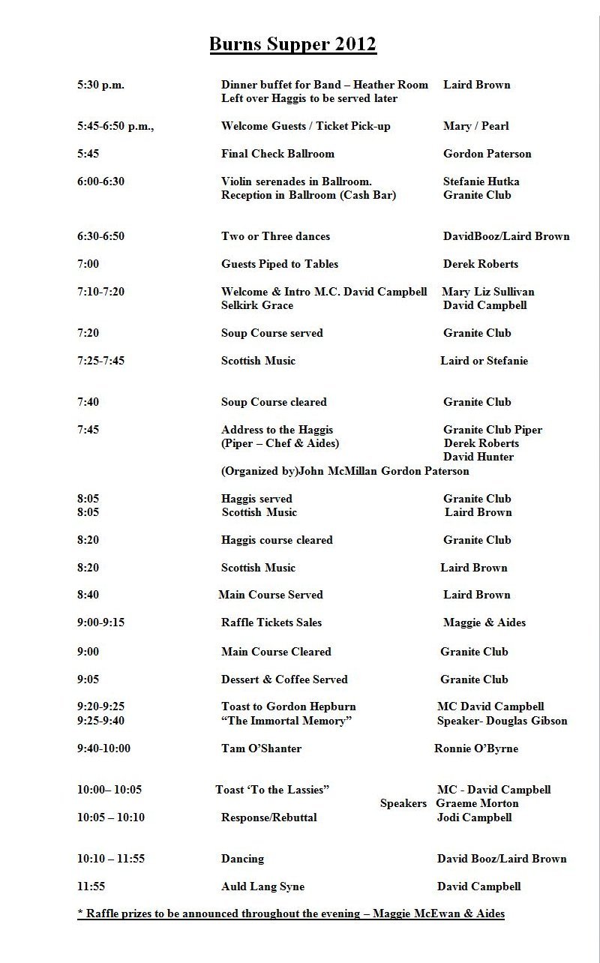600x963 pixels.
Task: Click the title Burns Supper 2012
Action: pyautogui.click(x=292, y=45)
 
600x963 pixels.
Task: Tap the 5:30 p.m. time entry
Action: pyautogui.click(x=100, y=85)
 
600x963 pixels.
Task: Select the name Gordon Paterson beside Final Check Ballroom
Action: pyautogui.click(x=487, y=154)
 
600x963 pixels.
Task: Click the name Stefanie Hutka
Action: pyautogui.click(x=481, y=181)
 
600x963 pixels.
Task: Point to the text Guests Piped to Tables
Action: pyautogui.click(x=280, y=264)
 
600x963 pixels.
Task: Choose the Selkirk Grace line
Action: pyautogui.click(x=257, y=305)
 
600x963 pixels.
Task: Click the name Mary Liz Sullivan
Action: pyautogui.click(x=488, y=292)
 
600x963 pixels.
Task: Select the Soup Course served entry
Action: pyautogui.click(x=271, y=333)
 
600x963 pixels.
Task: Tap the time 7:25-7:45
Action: pyautogui.click(x=100, y=361)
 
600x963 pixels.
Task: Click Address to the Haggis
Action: pyautogui.click(x=277, y=430)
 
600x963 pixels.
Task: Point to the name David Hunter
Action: pyautogui.click(x=478, y=457)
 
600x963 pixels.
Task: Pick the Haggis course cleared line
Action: pyautogui.click(x=277, y=540)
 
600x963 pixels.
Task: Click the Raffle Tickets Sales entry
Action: pyautogui.click(x=271, y=622)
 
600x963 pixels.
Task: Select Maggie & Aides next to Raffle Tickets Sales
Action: pyautogui.click(x=484, y=622)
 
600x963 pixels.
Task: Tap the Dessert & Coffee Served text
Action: pyautogui.click(x=284, y=679)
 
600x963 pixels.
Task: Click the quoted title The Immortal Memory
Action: pyautogui.click(x=286, y=721)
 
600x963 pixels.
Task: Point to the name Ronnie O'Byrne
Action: pyautogui.click(x=476, y=748)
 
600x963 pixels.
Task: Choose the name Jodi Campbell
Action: pyautogui.click(x=475, y=817)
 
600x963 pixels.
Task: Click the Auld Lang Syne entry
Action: pyautogui.click(x=262, y=886)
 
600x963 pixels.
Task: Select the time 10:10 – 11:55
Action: pyautogui.click(x=111, y=859)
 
